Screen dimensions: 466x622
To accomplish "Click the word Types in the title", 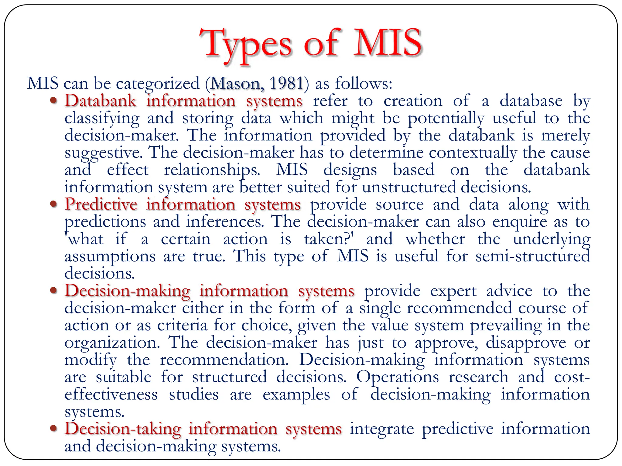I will [246, 44].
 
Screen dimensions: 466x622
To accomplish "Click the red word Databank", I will [100, 101].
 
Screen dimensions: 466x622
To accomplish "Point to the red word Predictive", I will [101, 204].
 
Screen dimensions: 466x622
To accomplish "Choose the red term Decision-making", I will [127, 291].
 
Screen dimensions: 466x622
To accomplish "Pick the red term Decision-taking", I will [123, 429].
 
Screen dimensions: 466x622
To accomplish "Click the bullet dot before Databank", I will [54, 101].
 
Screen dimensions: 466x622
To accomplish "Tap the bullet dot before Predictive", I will [54, 204].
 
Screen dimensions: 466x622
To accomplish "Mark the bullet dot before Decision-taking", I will [54, 428].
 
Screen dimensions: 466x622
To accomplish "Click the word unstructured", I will [409, 187].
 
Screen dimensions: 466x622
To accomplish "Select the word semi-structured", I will [532, 256].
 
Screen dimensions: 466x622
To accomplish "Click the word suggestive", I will [104, 153].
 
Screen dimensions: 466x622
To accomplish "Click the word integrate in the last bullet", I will [381, 429].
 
